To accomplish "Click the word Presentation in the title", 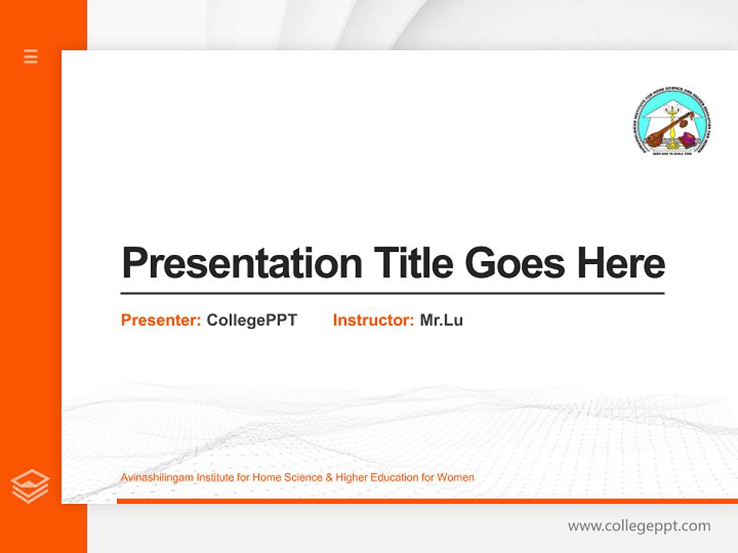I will coord(242,263).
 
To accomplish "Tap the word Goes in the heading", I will coord(516,263).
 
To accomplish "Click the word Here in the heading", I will coord(620,263).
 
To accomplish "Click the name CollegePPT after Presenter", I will coord(251,320).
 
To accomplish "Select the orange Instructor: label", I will coord(373,320).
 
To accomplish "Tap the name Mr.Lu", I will coord(441,320).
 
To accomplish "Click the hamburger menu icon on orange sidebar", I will coord(31,56).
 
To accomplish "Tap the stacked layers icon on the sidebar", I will coord(30,486).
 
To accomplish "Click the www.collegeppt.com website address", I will coord(639,526).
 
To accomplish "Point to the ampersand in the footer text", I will coord(329,478).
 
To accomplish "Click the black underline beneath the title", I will coord(392,293).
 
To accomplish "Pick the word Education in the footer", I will coord(394,478).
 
